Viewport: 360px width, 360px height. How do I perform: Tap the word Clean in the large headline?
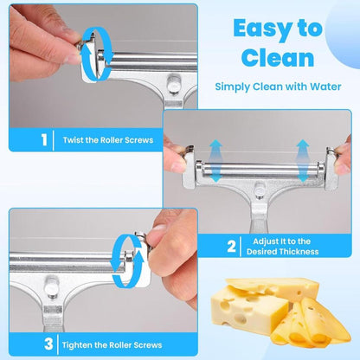tap(278, 57)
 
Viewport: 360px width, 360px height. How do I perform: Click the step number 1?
tap(44, 140)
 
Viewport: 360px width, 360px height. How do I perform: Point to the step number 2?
tap(231, 247)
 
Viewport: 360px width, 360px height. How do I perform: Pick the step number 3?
tap(48, 344)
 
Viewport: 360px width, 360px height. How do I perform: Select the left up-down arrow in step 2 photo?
tap(215, 161)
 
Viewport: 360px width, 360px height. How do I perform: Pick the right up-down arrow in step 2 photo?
tap(303, 161)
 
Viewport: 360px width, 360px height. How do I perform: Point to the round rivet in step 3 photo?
tap(52, 286)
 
